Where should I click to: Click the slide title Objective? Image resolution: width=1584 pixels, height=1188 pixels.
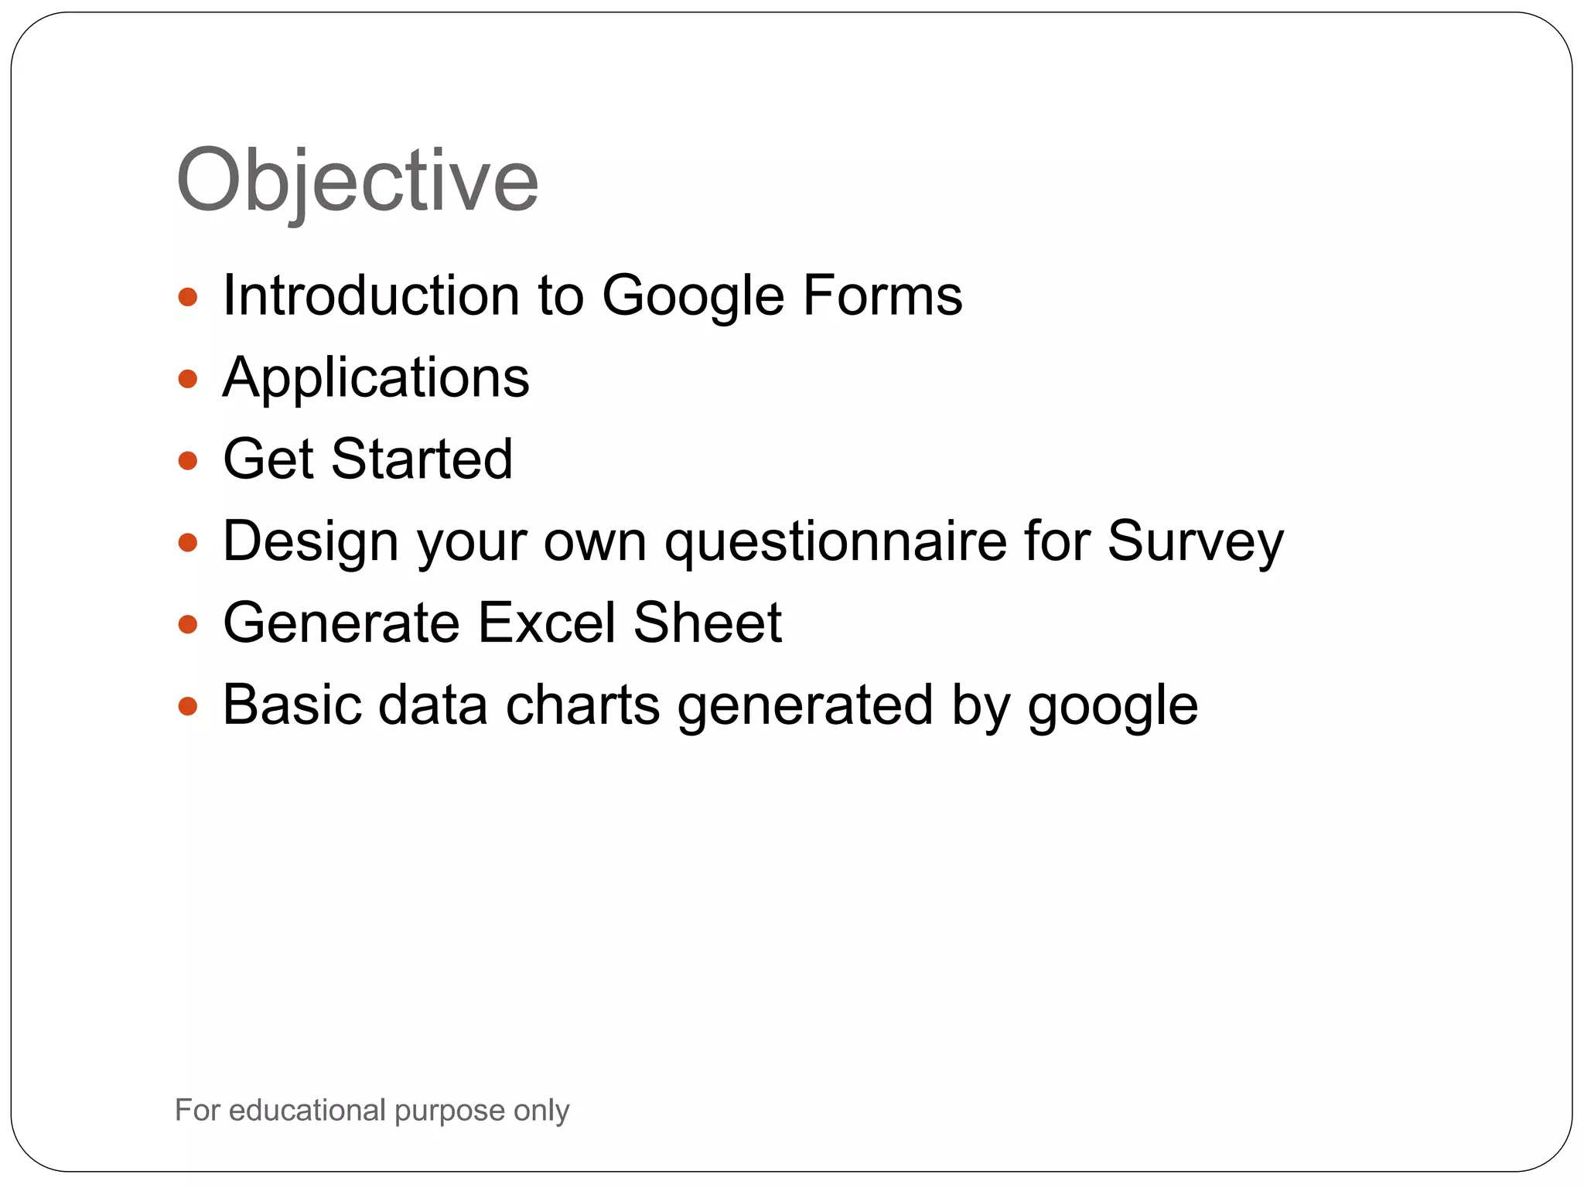coord(357,180)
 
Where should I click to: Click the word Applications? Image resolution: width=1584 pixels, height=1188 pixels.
coord(376,378)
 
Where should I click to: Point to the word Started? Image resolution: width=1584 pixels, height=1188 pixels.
coord(422,459)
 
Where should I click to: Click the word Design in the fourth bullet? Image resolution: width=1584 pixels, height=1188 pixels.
coord(310,541)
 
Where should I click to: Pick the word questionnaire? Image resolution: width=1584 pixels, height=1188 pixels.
coord(836,541)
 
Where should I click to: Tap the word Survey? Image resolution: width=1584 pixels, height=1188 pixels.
coord(1195,541)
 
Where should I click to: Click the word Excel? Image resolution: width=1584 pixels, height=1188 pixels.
coord(546,623)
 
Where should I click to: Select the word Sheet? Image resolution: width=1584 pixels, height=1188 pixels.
coord(707,623)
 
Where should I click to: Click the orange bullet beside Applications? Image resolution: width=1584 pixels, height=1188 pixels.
coord(188,379)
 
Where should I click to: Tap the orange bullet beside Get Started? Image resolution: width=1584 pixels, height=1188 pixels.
coord(188,461)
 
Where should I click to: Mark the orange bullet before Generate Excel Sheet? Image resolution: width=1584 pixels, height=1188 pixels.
coord(188,624)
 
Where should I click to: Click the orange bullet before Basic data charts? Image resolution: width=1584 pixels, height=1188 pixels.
coord(188,706)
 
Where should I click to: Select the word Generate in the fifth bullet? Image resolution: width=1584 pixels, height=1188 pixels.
coord(341,623)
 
